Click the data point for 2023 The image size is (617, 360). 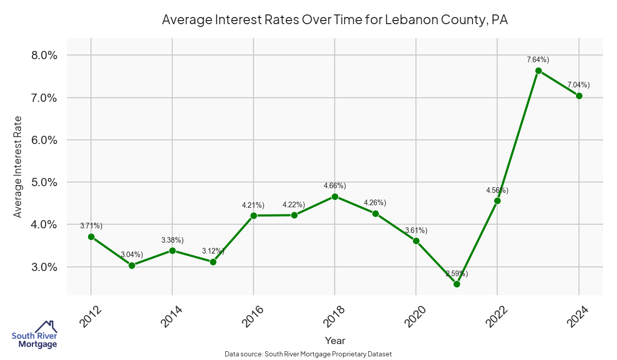pos(538,71)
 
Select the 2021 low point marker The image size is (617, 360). pos(457,284)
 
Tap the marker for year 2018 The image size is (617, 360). pos(335,196)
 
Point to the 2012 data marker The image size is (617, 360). pos(91,237)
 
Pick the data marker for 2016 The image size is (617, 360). pos(253,215)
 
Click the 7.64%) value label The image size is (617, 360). pos(538,60)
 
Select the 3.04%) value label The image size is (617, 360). pos(132,255)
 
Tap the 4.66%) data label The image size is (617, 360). pos(335,185)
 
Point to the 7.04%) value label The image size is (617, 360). pos(578,85)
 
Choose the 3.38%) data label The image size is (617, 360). pos(172,240)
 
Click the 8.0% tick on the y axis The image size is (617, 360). pos(41,55)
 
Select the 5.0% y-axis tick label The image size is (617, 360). pos(41,182)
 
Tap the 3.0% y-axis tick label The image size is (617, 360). pos(41,267)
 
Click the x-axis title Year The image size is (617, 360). pos(335,340)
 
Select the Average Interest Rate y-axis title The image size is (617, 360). pos(17,167)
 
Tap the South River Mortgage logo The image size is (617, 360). pos(34,335)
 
